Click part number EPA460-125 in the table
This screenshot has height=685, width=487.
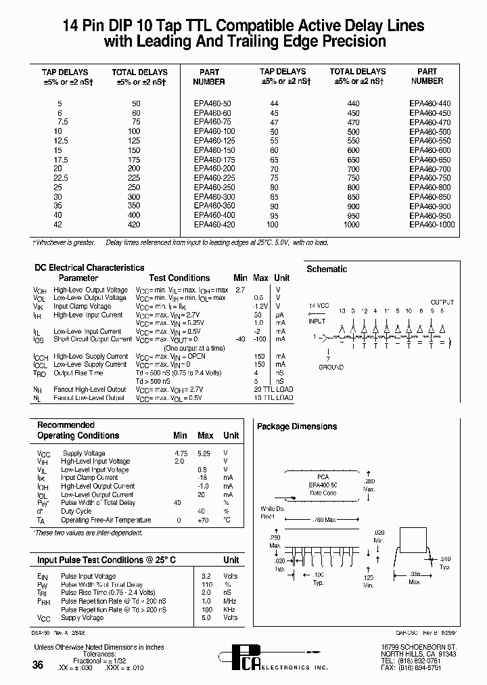coord(213,139)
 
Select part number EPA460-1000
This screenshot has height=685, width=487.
coord(432,224)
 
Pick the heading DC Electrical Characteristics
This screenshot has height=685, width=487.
coord(89,268)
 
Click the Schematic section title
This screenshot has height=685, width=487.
coord(327,269)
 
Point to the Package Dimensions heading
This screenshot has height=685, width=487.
coord(296,426)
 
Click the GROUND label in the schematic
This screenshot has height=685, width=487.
coord(331,367)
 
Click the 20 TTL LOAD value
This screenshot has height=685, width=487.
coord(273,389)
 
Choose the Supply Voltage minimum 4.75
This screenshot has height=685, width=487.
coord(180,453)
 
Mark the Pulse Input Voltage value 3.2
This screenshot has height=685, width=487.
coord(208,576)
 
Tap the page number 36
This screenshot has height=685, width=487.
coord(38,665)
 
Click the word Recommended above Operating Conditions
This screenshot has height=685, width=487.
coord(66,425)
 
